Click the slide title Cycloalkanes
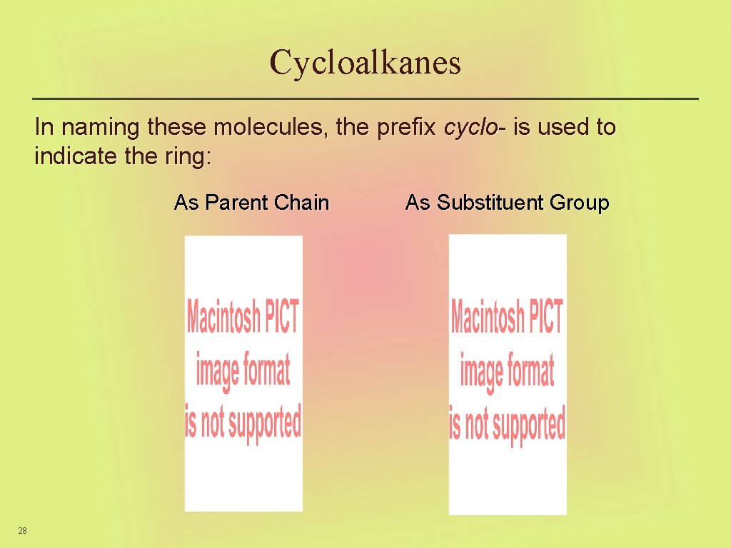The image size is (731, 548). (365, 62)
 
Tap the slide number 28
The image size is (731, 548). (22, 530)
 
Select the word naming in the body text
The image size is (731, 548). (99, 128)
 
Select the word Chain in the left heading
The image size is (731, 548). (301, 203)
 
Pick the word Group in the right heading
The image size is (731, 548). (579, 203)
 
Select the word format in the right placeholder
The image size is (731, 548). (530, 371)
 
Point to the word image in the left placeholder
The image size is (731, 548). (217, 371)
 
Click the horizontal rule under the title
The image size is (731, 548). (365, 98)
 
